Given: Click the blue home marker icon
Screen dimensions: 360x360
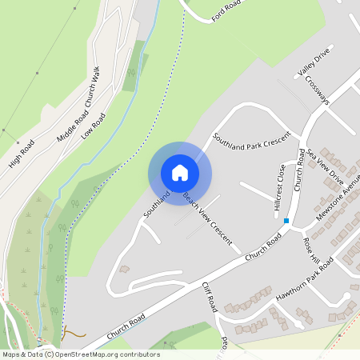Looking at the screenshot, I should tap(180, 173).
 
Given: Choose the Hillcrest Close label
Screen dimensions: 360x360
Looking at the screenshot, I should tap(280, 187).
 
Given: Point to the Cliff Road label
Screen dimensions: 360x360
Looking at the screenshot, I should tap(210, 298).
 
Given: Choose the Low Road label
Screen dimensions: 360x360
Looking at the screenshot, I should tap(93, 126).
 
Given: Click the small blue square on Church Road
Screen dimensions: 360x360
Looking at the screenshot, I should tap(286, 220).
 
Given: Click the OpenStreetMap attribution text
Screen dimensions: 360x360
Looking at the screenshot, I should tap(80, 354).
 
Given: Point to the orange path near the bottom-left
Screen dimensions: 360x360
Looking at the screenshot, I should tap(74, 332).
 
